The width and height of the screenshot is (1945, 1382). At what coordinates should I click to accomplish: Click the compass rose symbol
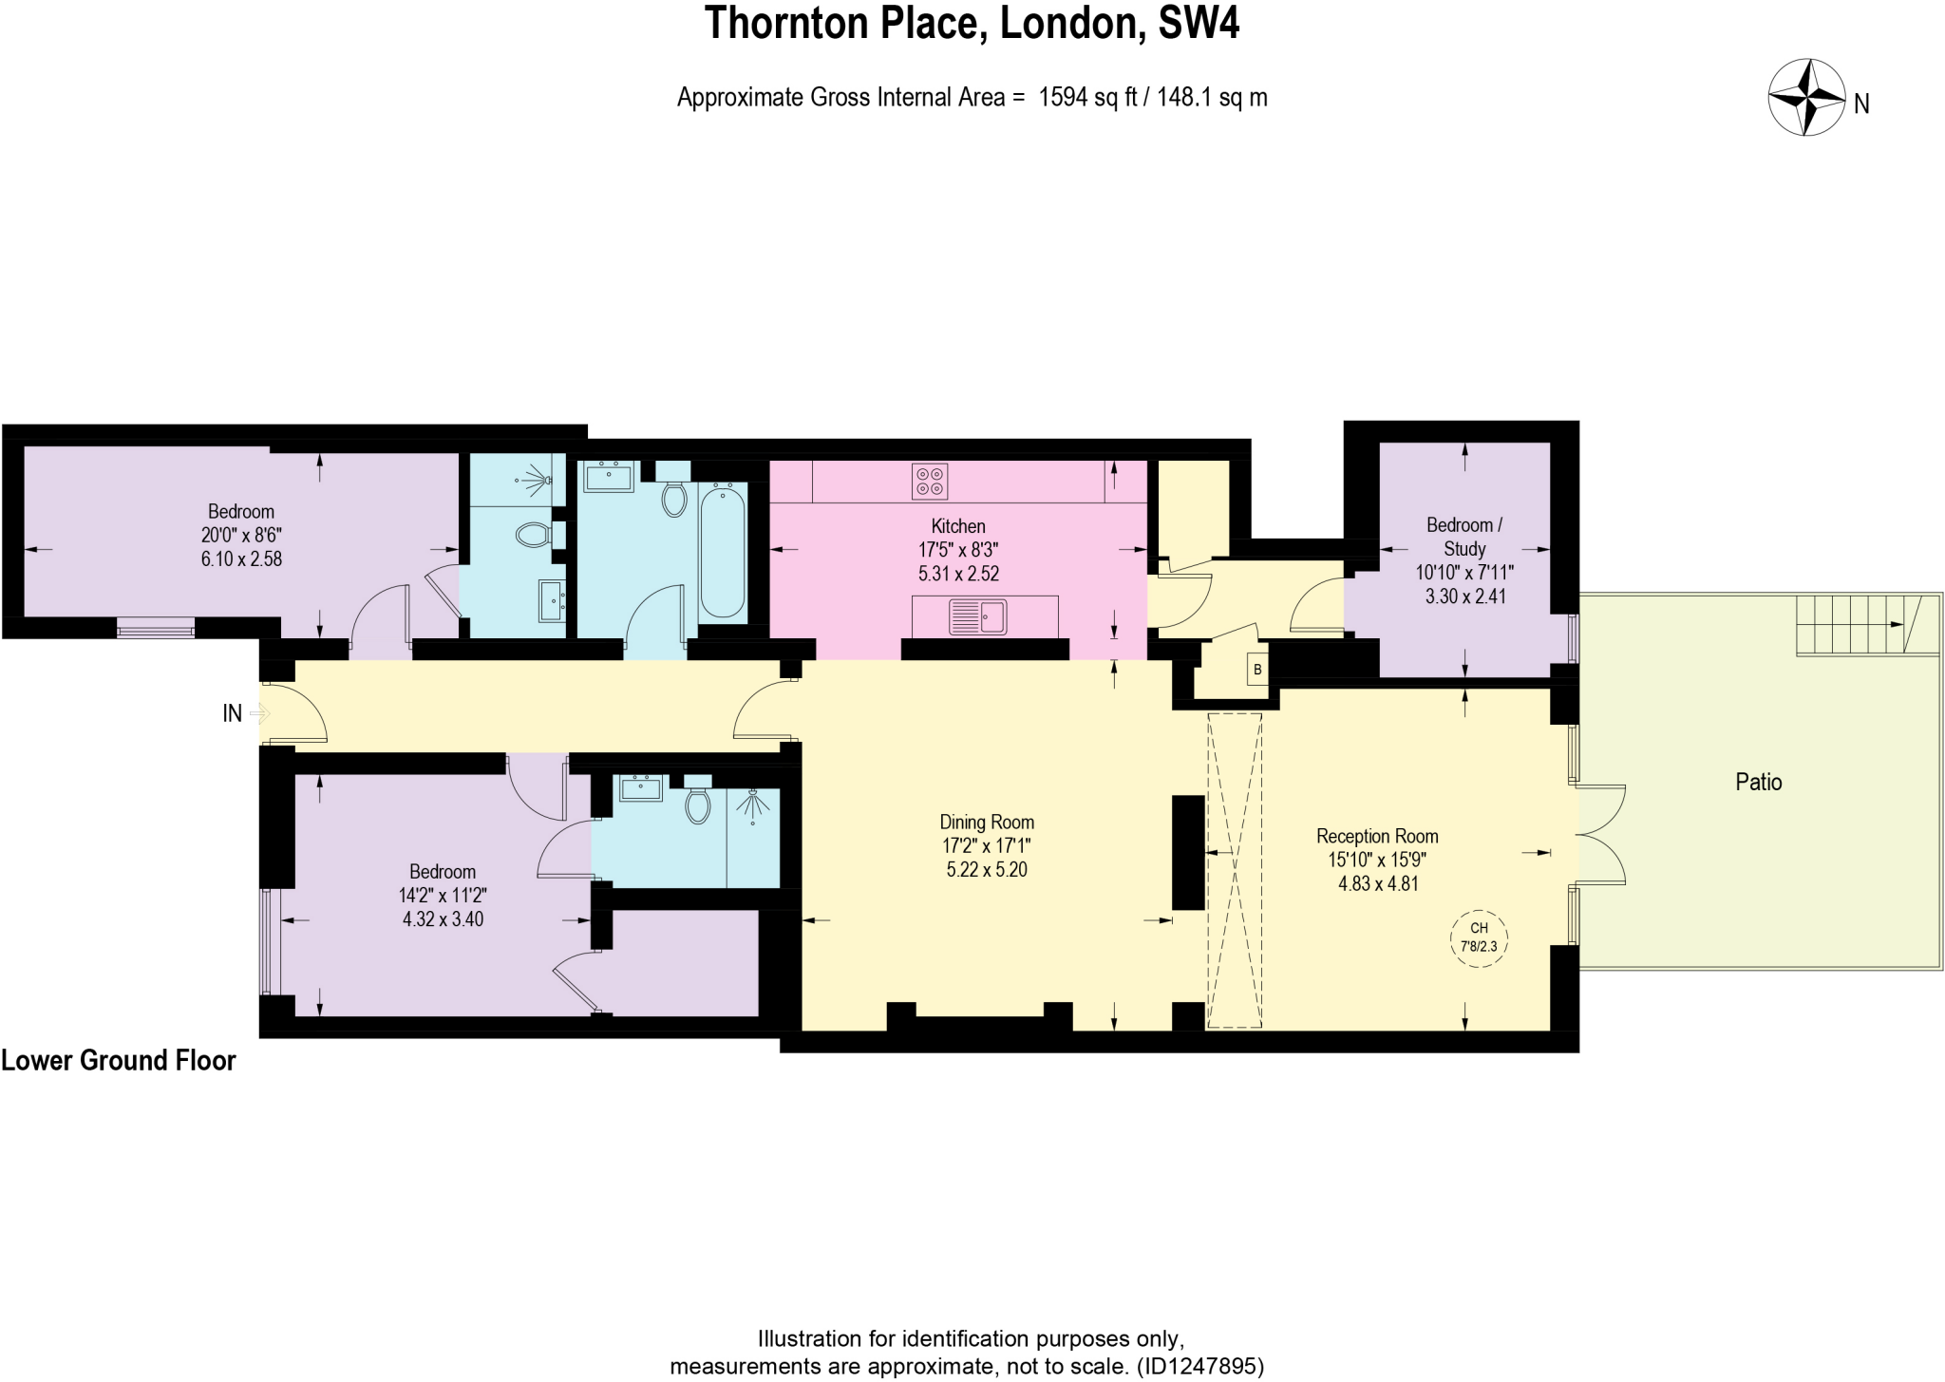point(1806,98)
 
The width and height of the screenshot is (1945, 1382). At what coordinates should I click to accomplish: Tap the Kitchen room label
point(957,526)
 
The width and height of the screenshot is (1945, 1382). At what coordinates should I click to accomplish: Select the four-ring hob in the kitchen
point(929,481)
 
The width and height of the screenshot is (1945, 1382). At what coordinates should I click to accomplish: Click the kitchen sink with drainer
point(978,617)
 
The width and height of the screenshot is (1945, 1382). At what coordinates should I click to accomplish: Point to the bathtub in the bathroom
point(723,550)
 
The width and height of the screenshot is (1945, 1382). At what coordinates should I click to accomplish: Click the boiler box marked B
point(1257,670)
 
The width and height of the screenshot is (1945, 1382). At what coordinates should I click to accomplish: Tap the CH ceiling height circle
point(1479,938)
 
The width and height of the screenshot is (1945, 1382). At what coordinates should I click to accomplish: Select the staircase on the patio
point(1857,624)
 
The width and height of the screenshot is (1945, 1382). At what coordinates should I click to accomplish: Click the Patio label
point(1758,782)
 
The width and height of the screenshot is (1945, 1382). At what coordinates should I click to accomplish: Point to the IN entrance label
point(232,713)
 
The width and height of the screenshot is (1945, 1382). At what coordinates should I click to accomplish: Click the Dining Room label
point(987,823)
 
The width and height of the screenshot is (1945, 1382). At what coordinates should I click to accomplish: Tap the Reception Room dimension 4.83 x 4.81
point(1378,883)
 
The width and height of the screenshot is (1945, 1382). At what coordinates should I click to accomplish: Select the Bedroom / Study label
point(1463,537)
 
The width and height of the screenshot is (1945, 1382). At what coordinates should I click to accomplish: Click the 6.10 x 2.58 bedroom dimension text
point(241,559)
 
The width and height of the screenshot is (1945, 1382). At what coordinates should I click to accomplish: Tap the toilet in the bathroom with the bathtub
point(674,498)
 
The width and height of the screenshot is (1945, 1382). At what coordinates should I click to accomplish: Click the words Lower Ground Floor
point(119,1060)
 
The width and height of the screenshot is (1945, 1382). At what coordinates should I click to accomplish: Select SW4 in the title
point(1199,24)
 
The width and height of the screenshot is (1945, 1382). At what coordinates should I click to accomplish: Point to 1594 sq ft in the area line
point(1087,98)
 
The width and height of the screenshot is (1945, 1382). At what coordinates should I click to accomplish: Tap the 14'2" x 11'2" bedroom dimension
point(443,896)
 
